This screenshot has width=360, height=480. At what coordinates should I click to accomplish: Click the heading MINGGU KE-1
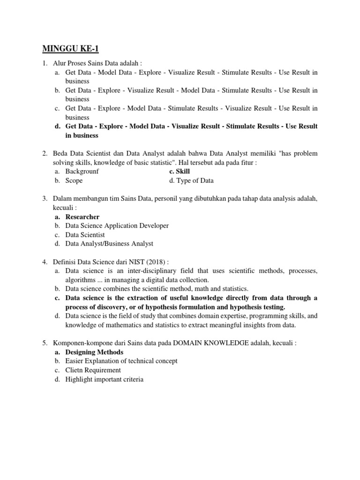pyautogui.click(x=71, y=49)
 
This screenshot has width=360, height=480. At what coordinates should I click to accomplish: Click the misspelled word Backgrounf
pyautogui.click(x=82, y=172)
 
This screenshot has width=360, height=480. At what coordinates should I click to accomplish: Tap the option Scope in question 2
pyautogui.click(x=74, y=180)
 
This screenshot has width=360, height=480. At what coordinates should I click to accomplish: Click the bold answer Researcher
pyautogui.click(x=82, y=217)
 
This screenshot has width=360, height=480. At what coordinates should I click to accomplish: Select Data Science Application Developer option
pyautogui.click(x=117, y=225)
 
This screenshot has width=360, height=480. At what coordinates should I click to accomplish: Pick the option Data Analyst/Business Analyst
pyautogui.click(x=109, y=244)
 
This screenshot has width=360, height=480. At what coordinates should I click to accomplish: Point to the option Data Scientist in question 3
pyautogui.click(x=85, y=235)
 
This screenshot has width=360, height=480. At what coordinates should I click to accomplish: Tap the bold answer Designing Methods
pyautogui.click(x=94, y=352)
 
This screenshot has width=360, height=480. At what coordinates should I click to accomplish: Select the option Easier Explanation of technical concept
pyautogui.click(x=121, y=361)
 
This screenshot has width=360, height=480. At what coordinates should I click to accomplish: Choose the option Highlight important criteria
pyautogui.click(x=104, y=379)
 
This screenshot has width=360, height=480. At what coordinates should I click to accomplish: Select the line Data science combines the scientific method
pyautogui.click(x=157, y=289)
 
